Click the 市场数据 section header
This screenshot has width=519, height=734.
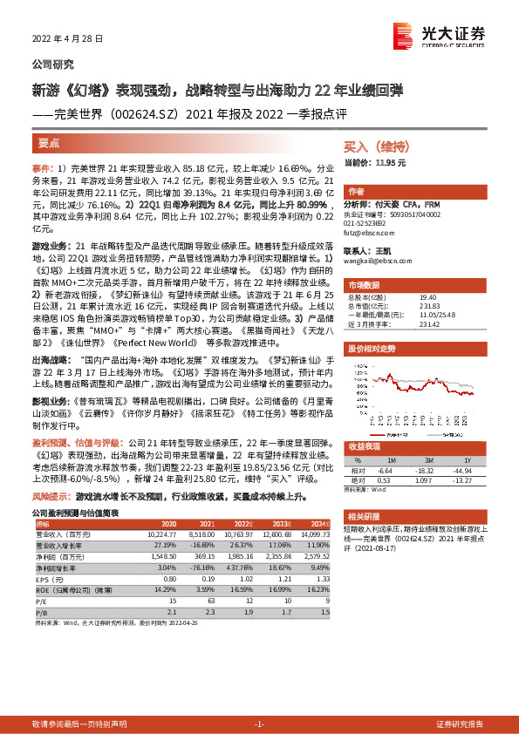[x=363, y=284]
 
